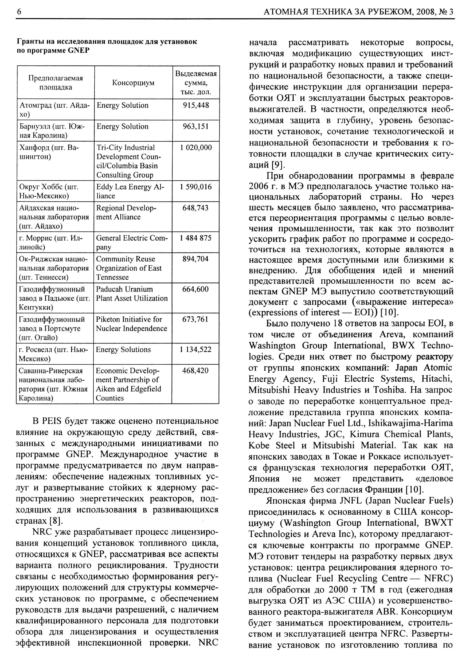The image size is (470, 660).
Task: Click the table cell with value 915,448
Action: click(x=196, y=105)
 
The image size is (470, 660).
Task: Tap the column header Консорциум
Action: click(x=133, y=83)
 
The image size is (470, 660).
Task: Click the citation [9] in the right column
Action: click(x=278, y=165)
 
